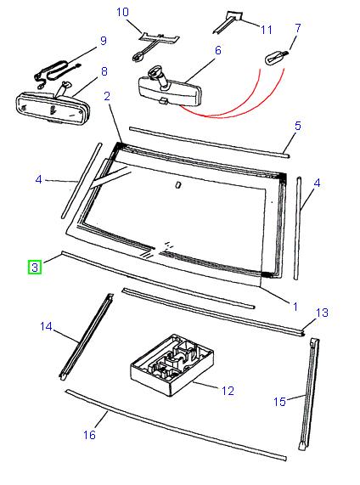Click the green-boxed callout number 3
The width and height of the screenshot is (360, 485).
coord(34,268)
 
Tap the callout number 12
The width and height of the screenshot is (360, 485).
coord(227,391)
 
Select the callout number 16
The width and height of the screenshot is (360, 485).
coord(89,435)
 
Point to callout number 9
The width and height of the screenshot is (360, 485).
coord(103,40)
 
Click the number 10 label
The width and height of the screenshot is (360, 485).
coord(122,12)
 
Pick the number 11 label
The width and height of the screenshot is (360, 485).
coord(266,30)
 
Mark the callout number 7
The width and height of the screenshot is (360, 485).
coord(297,29)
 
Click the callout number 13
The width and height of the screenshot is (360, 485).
coord(322,313)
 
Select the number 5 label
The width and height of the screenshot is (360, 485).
coord(298,127)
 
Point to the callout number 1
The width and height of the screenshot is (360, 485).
coord(295,305)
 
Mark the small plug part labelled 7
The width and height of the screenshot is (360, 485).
coord(277,58)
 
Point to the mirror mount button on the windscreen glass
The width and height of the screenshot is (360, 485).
coord(177,184)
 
